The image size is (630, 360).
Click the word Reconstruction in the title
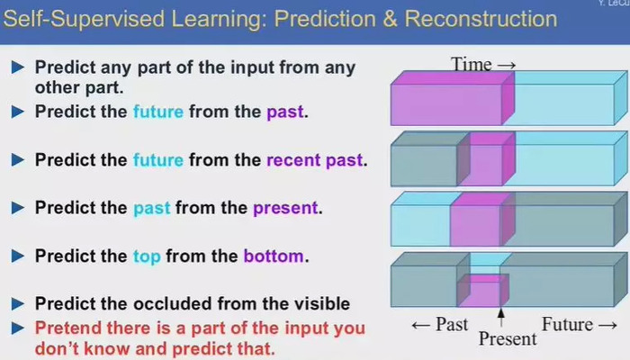tap(481, 19)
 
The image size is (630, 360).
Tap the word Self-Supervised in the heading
tap(84, 20)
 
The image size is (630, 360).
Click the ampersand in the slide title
tap(390, 19)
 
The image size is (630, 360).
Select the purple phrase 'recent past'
tap(315, 160)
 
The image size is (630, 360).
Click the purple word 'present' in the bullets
tap(285, 208)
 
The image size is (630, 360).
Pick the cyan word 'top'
tap(147, 256)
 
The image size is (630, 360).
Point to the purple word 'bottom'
tap(274, 256)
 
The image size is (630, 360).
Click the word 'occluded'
tap(173, 304)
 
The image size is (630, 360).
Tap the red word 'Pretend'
tap(67, 328)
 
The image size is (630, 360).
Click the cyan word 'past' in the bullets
tap(151, 209)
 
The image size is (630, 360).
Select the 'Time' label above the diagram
tap(472, 64)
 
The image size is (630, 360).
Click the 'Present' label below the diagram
tap(508, 338)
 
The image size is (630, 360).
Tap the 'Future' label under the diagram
tap(567, 324)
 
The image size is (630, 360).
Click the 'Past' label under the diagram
tap(452, 324)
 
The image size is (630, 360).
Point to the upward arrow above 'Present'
tap(501, 318)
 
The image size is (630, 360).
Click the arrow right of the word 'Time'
tap(506, 65)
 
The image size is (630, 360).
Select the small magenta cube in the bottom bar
tap(483, 290)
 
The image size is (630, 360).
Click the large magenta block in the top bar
tap(453, 98)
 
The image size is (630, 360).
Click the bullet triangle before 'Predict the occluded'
tap(18, 304)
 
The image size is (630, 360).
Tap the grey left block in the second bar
tap(430, 159)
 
